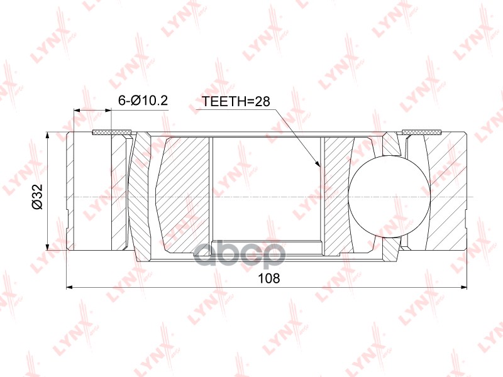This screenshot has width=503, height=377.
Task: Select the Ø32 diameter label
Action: [37, 196]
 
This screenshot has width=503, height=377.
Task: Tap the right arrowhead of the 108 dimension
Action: [464, 288]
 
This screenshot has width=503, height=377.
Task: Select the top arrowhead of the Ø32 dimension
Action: [48, 136]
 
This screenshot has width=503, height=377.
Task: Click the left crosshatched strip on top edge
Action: [112, 132]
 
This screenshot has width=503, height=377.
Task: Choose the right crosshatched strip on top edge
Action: [421, 132]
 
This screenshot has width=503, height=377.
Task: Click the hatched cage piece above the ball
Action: [391, 145]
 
